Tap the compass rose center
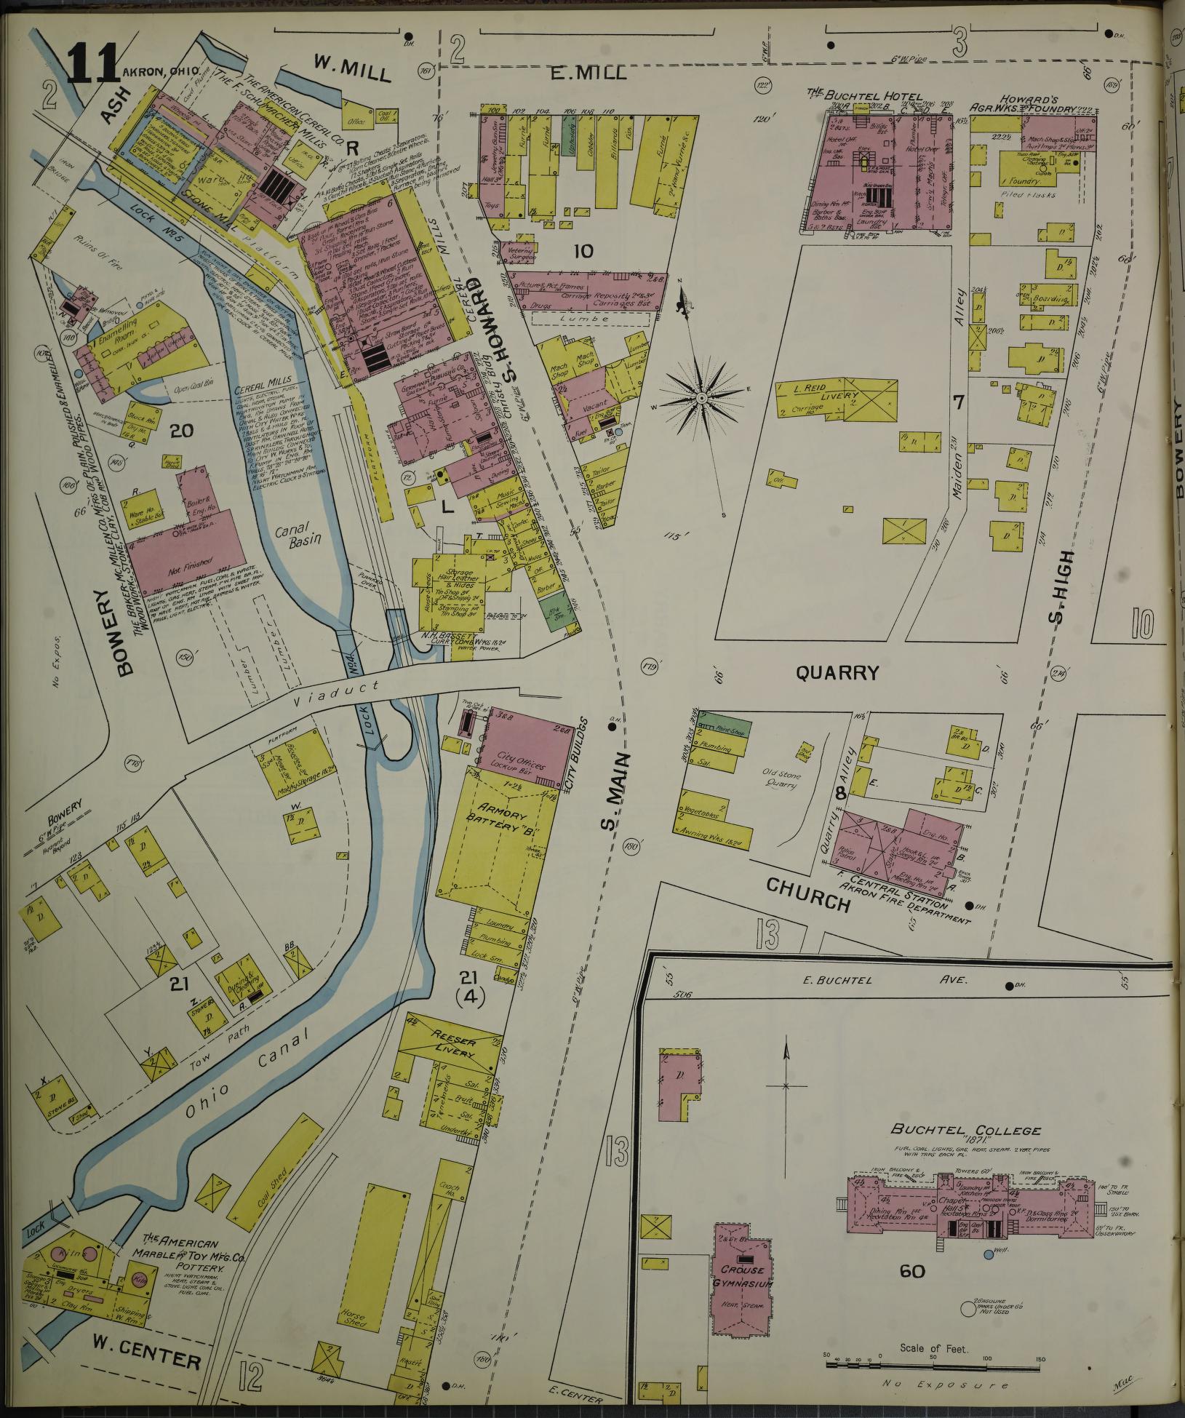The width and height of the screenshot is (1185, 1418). [x=701, y=398]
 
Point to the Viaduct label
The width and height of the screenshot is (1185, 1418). [x=328, y=688]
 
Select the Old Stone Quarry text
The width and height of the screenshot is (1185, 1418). [x=783, y=780]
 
